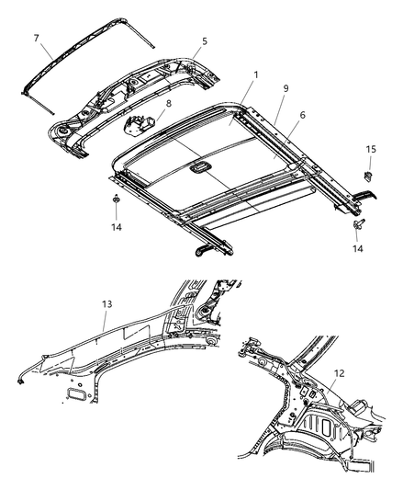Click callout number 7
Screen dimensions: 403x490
pos(36,38)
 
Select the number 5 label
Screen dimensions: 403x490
pos(205,41)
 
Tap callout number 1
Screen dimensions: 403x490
pos(256,75)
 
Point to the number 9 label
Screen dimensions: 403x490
pos(285,88)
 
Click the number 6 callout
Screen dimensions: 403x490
pos(302,115)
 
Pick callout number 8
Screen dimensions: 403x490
pos(169,104)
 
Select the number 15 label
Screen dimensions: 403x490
pos(371,149)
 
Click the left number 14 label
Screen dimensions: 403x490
pos(117,227)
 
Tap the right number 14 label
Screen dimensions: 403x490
pos(358,248)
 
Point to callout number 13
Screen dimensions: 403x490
pos(106,303)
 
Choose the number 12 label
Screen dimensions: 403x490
pos(339,373)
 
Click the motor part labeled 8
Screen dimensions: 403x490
pos(140,124)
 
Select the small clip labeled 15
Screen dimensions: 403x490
pos(369,176)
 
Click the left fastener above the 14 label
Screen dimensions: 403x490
pos(116,199)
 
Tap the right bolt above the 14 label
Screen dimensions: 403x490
pos(358,224)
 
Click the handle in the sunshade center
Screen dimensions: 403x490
pos(199,167)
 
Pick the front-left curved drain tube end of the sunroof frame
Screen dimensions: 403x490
pos(204,250)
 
